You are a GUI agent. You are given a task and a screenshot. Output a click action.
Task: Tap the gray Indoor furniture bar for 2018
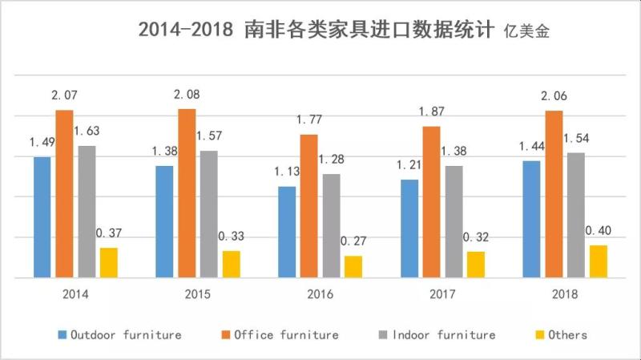tap(574, 215)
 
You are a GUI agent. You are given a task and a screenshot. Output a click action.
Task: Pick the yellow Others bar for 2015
tap(231, 264)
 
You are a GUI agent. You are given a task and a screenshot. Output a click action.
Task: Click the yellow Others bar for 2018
tap(598, 261)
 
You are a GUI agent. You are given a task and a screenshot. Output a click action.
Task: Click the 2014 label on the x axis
tap(75, 294)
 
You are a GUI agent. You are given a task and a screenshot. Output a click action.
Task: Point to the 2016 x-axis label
tap(320, 294)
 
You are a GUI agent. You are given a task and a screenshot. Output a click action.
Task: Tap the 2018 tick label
tap(565, 294)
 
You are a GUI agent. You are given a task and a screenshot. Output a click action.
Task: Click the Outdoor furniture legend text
tap(126, 334)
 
